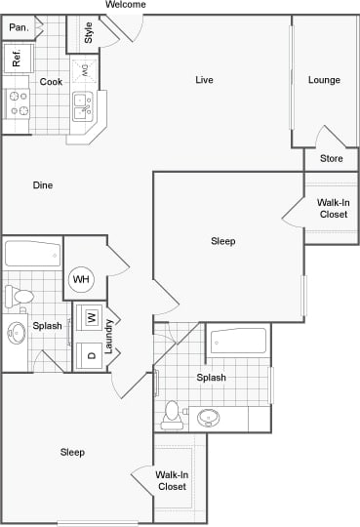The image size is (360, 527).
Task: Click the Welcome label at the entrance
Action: click(x=125, y=5)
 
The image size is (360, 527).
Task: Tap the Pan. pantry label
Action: click(x=18, y=28)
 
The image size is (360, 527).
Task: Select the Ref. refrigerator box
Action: click(x=18, y=60)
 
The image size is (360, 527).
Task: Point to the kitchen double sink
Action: click(x=83, y=105)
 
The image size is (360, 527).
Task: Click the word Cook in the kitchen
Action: click(x=51, y=82)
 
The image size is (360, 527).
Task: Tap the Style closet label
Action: click(x=89, y=33)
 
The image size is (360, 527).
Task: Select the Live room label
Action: click(x=204, y=80)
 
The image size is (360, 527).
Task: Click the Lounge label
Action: click(x=324, y=80)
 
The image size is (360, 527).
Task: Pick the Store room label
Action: click(x=331, y=158)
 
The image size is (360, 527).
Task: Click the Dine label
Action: click(x=43, y=185)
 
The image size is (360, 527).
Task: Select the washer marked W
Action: click(x=91, y=318)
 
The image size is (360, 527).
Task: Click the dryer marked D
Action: click(x=91, y=355)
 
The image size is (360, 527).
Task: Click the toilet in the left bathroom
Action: click(x=20, y=295)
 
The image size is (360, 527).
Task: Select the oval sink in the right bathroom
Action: click(x=209, y=419)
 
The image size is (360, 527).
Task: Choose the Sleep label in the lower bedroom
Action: click(x=72, y=452)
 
